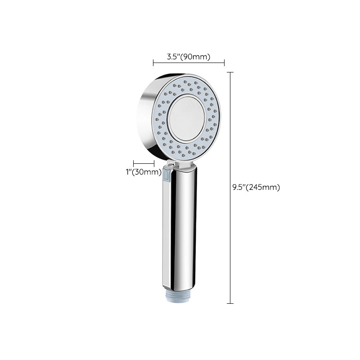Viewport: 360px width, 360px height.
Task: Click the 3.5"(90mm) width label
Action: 189,57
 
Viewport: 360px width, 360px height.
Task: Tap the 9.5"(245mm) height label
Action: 256,188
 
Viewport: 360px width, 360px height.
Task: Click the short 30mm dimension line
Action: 144,164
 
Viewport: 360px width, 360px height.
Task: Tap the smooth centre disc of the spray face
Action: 186,118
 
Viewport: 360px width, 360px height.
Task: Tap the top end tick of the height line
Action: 230,72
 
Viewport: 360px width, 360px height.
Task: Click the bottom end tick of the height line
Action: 230,303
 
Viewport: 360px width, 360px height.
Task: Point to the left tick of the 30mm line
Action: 133,164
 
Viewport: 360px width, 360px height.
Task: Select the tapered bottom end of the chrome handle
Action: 180,286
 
